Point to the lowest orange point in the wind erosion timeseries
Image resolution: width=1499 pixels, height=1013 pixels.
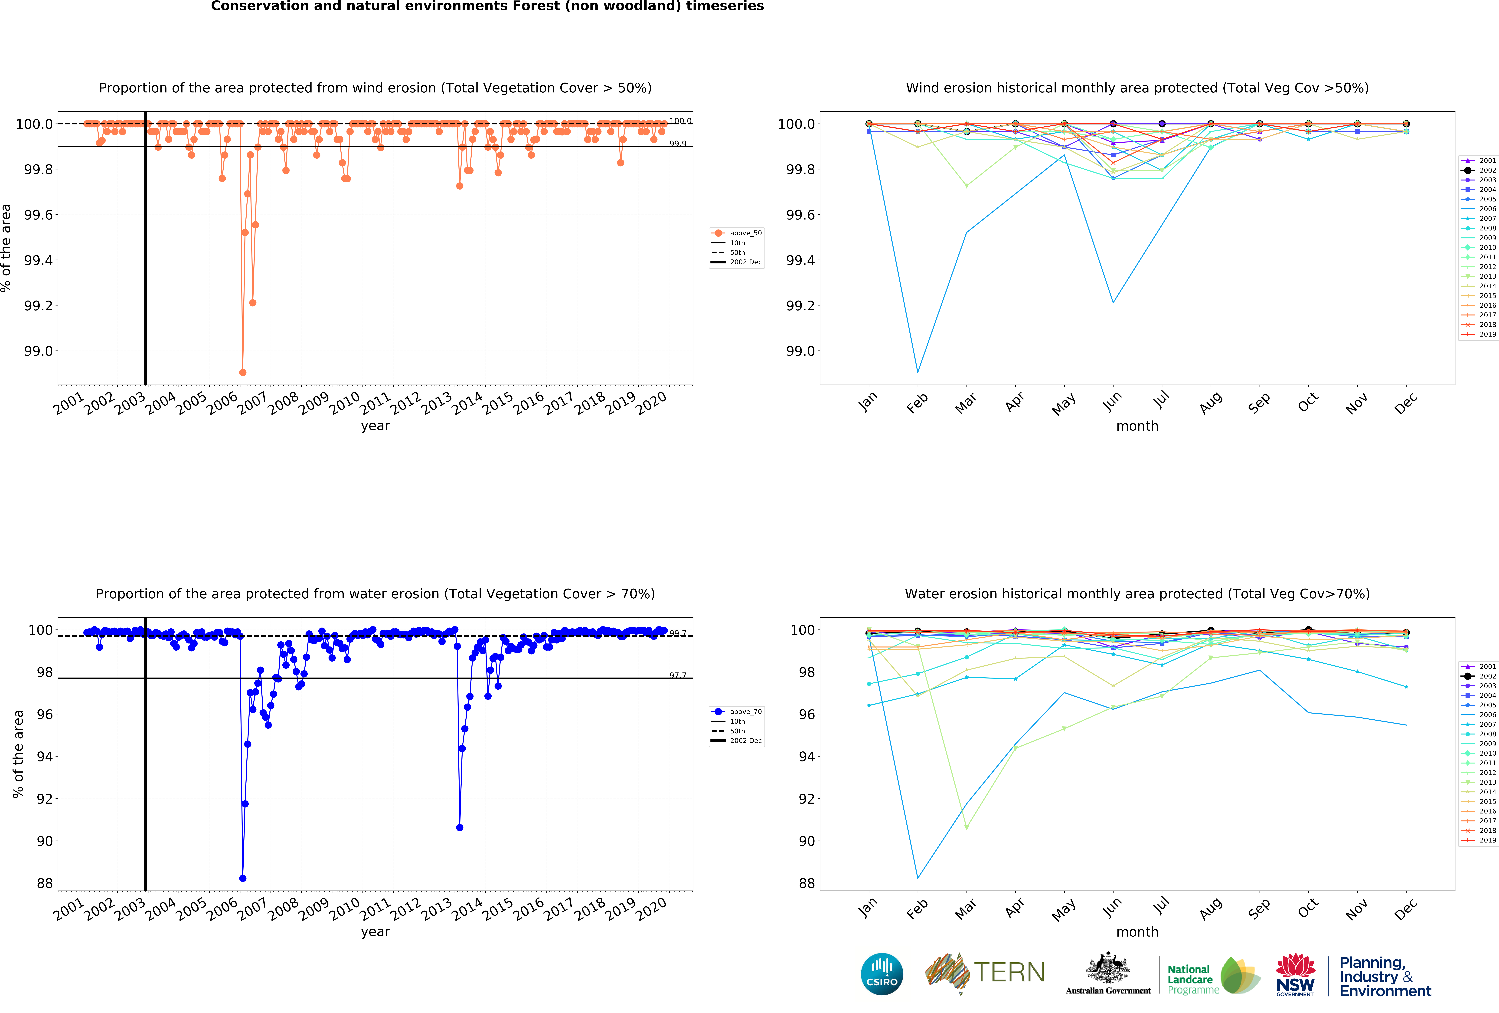click(x=242, y=372)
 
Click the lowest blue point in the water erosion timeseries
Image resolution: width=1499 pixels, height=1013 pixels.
click(x=242, y=878)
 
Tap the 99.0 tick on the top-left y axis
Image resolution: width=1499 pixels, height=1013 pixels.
click(x=39, y=351)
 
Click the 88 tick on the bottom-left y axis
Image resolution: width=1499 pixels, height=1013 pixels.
click(x=45, y=883)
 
